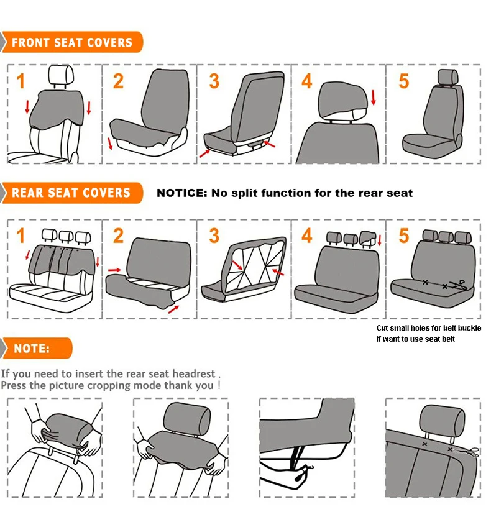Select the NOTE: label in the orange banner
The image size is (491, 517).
[32, 349]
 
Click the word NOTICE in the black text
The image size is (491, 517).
[181, 193]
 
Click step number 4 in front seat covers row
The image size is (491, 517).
[306, 81]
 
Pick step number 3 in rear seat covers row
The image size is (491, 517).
[214, 236]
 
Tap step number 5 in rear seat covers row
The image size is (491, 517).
[403, 236]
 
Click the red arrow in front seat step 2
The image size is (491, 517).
[110, 144]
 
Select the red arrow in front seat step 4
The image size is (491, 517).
[374, 98]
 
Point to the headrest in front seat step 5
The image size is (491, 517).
[447, 77]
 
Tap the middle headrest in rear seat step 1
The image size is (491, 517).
[66, 236]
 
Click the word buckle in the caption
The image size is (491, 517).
[469, 328]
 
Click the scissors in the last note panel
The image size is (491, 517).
[467, 451]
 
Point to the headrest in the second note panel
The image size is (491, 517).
[187, 419]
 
